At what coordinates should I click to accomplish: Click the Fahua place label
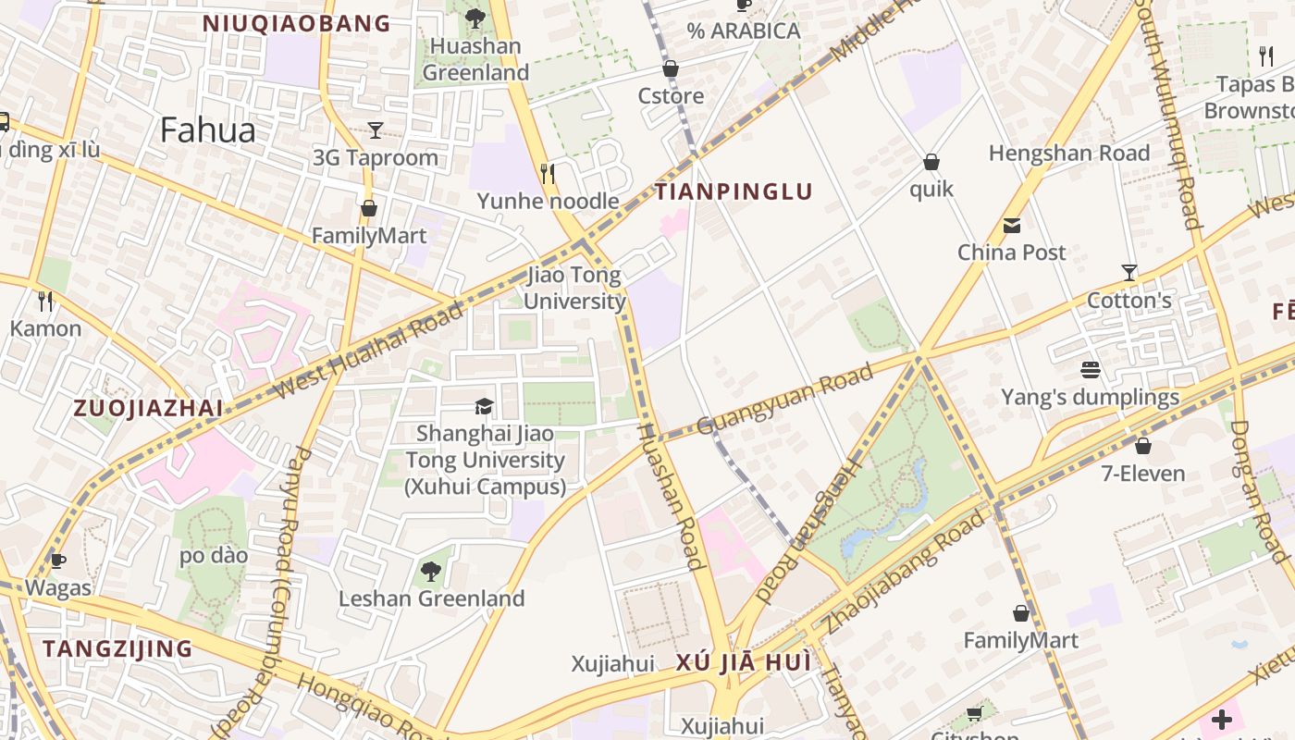207,130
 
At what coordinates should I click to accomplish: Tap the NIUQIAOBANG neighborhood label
297,24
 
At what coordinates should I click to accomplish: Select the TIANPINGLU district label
734,192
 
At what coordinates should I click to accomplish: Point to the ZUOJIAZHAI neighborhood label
148,409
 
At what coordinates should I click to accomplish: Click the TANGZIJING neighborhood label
117,648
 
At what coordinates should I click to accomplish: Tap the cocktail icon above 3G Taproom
376,130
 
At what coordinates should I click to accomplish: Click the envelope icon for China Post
1011,226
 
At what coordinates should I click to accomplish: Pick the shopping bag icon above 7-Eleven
1143,446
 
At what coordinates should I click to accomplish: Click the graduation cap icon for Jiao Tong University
484,407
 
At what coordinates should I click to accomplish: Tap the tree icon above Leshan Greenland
431,572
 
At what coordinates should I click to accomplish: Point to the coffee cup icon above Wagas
58,561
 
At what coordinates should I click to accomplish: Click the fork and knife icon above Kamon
45,301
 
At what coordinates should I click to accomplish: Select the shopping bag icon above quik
931,163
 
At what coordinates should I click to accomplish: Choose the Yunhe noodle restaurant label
548,201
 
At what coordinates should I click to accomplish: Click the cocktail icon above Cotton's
1128,273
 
